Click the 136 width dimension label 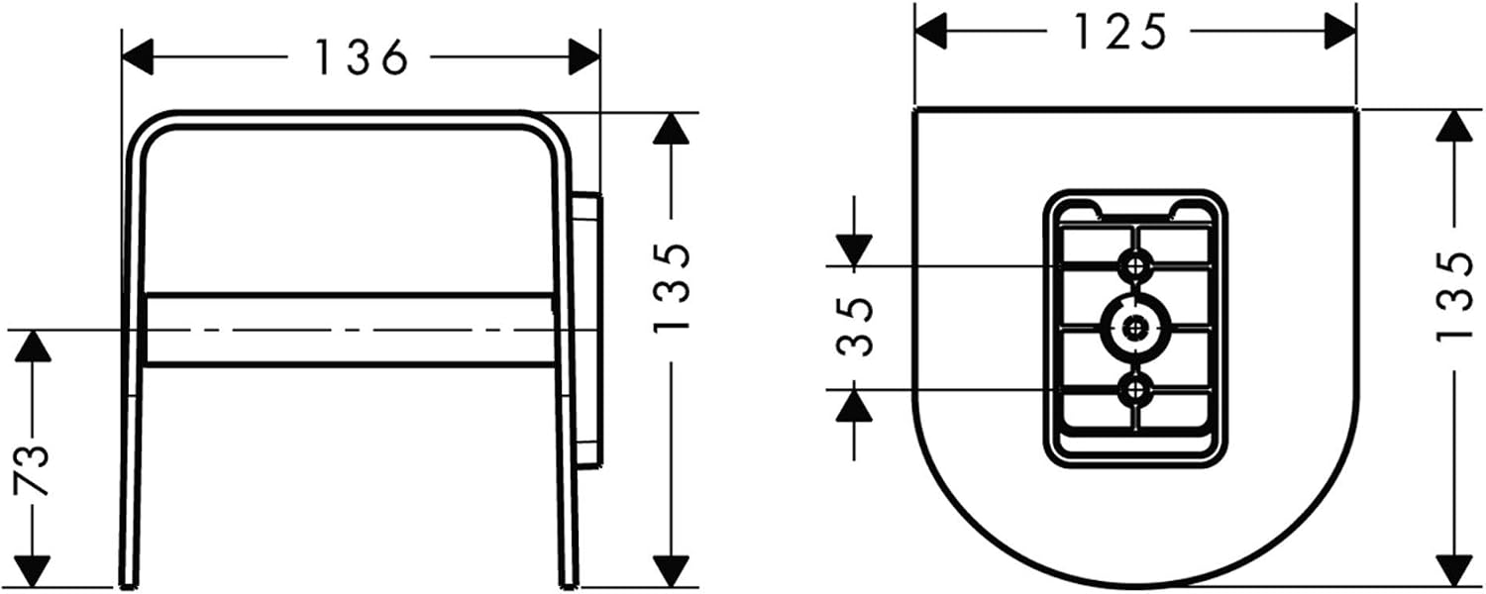pyautogui.click(x=361, y=57)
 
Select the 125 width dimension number pyautogui.click(x=1119, y=31)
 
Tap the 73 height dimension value pyautogui.click(x=31, y=470)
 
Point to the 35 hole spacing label pyautogui.click(x=854, y=327)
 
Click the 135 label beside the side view pyautogui.click(x=672, y=288)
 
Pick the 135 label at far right pyautogui.click(x=1455, y=297)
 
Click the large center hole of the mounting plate pyautogui.click(x=1137, y=327)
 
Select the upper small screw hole pyautogui.click(x=1137, y=266)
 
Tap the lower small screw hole pyautogui.click(x=1137, y=390)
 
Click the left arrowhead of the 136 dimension pyautogui.click(x=138, y=57)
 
